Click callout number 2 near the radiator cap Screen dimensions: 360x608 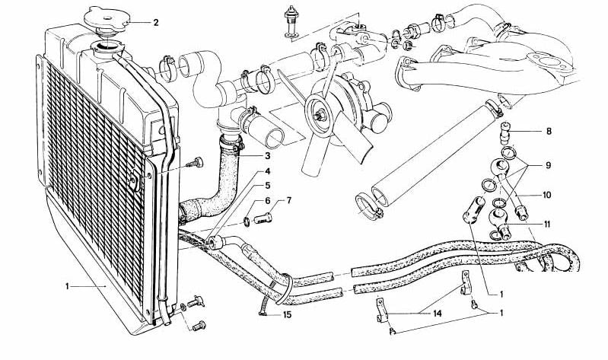point(155,22)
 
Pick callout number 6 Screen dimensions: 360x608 point(267,201)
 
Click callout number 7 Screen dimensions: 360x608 point(288,201)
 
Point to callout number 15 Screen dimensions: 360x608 point(287,315)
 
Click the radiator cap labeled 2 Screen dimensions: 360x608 point(113,17)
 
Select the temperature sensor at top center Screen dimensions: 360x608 point(290,19)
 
